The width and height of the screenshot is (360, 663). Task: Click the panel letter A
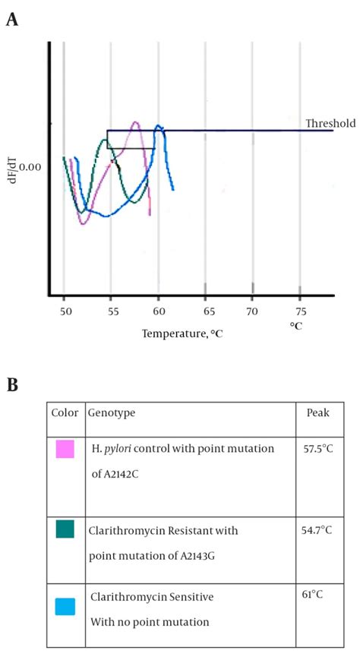coord(12,19)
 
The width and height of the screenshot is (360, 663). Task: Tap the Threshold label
coord(330,123)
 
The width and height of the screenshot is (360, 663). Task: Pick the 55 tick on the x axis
coord(111,311)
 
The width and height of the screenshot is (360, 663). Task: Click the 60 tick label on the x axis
coord(158,311)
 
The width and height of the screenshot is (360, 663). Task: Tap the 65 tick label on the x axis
coord(205,311)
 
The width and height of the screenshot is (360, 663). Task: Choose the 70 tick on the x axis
coord(253,311)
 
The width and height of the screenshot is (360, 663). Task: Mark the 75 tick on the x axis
coord(300,311)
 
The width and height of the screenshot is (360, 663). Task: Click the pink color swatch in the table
coord(65,450)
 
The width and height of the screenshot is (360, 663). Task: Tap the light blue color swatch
coord(65,605)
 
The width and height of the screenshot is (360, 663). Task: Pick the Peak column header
coord(317,412)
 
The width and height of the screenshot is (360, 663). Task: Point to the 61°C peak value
coord(314,595)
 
